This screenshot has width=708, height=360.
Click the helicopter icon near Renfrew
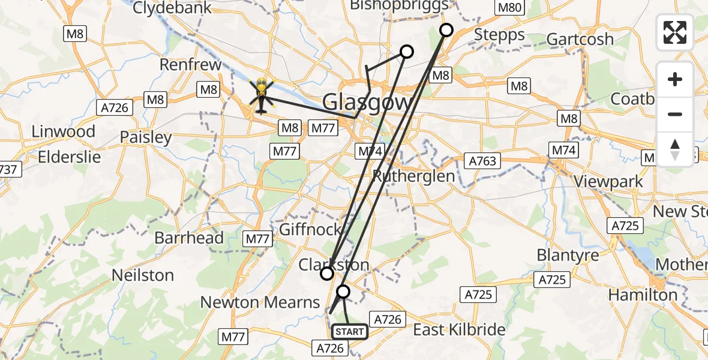coord(260,96)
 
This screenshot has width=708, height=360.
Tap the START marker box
coord(349,331)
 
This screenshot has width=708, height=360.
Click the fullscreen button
coord(675,32)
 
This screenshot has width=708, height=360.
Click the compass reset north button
coord(675,149)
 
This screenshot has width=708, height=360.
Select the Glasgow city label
coord(367,102)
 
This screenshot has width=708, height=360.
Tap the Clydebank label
coord(172,8)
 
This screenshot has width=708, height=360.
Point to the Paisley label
coord(146,137)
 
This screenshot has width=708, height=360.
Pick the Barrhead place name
coord(189,238)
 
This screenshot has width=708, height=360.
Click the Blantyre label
coord(568,255)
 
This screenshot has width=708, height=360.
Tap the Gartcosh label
coord(580,40)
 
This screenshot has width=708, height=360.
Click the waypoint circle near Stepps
coord(446,30)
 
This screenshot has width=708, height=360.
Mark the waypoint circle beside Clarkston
coord(327,274)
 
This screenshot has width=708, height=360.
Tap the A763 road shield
coord(482,161)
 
